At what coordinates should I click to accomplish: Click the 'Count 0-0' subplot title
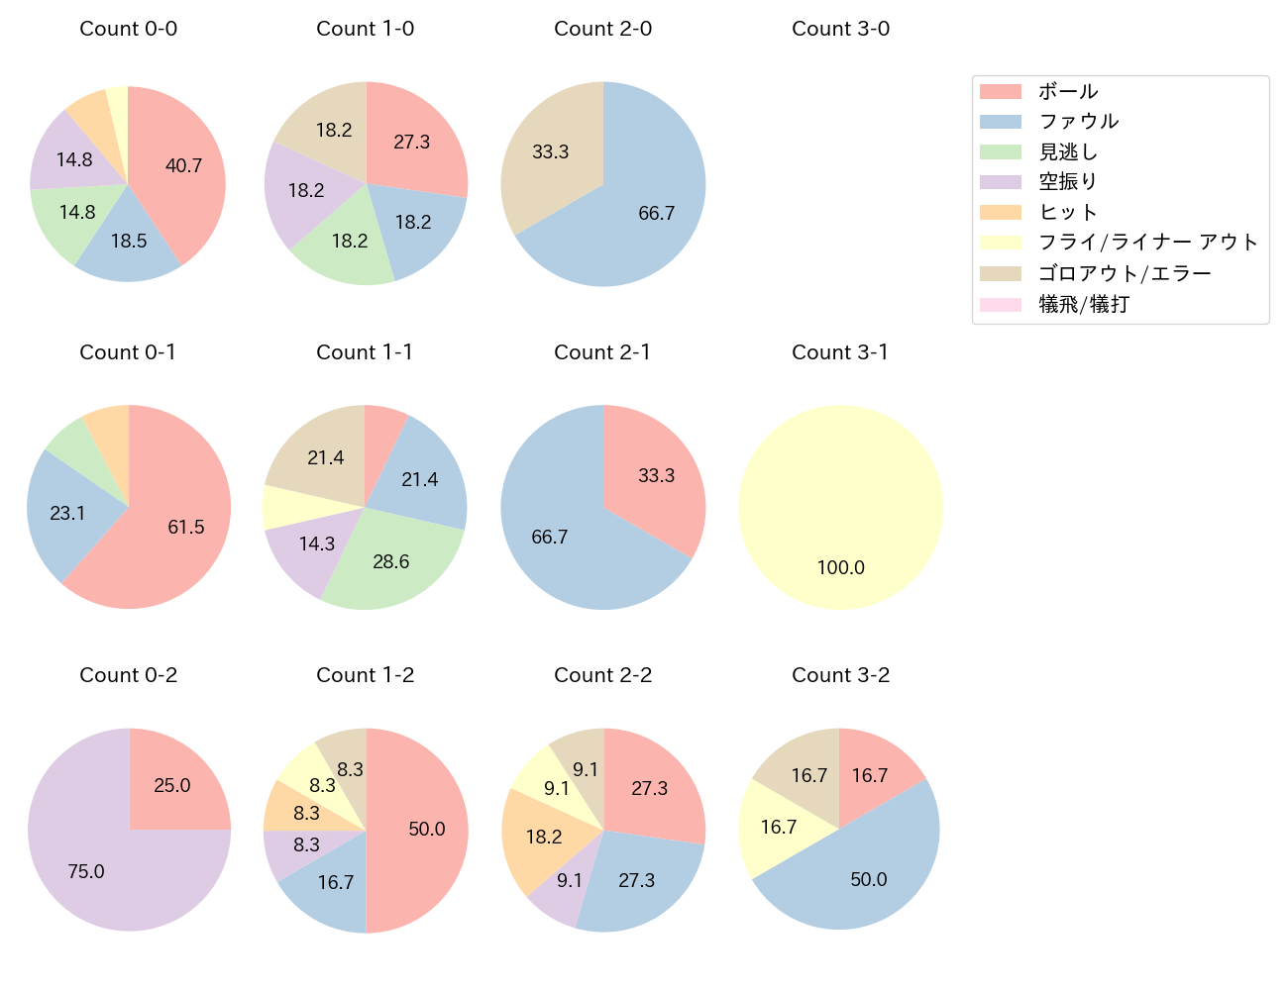tap(129, 29)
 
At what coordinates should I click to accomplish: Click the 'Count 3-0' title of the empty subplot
tap(840, 29)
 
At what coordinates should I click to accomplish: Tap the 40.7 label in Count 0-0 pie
tap(183, 165)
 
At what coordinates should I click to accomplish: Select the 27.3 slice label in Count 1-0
tap(411, 142)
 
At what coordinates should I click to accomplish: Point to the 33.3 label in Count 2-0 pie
tap(550, 151)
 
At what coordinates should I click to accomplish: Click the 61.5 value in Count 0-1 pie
tap(185, 527)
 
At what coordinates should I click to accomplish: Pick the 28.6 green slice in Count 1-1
tap(391, 561)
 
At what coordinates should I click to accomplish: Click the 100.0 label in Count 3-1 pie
tap(840, 567)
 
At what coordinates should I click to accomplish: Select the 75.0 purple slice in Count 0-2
tap(86, 871)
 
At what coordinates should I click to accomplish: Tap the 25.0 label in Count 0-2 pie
tap(171, 785)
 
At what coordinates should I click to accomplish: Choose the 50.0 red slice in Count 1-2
tap(427, 829)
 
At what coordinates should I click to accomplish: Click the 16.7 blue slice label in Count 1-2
tap(336, 882)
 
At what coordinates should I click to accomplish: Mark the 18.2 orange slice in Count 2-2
tap(544, 837)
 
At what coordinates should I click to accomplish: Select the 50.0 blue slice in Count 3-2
tap(868, 879)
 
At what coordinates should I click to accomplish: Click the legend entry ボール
tap(1068, 91)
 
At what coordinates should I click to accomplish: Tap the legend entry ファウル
tap(1078, 121)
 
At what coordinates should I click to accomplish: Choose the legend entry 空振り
tap(1068, 181)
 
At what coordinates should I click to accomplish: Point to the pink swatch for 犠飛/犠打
tap(1000, 304)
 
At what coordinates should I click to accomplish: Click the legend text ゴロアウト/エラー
tap(1125, 273)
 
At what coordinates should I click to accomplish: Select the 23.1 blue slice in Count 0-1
tap(67, 513)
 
